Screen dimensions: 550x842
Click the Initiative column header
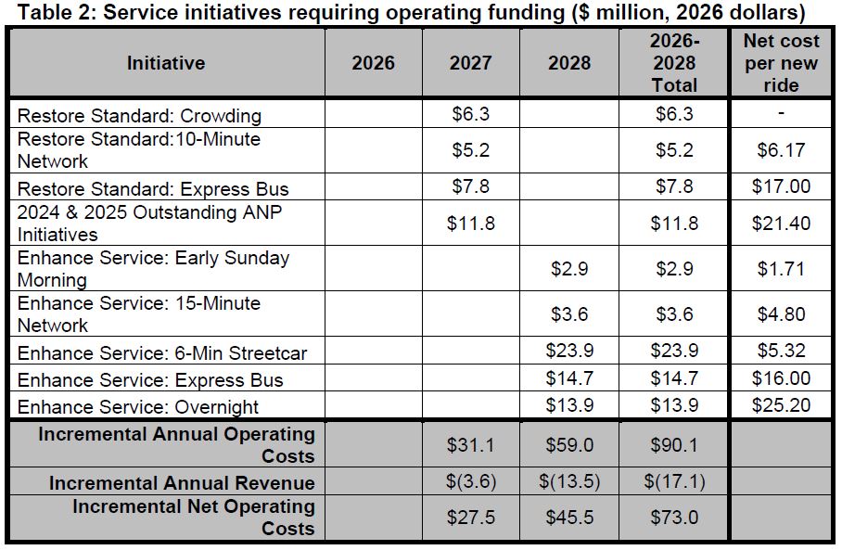[x=166, y=63]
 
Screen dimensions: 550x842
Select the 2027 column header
[x=470, y=63]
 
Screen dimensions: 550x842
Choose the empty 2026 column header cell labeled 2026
[x=373, y=63]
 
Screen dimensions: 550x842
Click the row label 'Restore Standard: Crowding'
[x=139, y=116]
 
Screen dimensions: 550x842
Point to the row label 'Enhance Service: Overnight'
[x=138, y=406]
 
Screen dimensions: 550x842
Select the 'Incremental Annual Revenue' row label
[x=182, y=482]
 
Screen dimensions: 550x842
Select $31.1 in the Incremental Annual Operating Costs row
[x=470, y=445]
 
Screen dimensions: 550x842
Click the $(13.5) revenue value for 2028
[x=568, y=482]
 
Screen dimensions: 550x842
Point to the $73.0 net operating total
[x=674, y=518]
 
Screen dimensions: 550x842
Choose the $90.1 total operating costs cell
[x=674, y=445]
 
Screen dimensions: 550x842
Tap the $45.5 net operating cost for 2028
[x=568, y=518]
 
